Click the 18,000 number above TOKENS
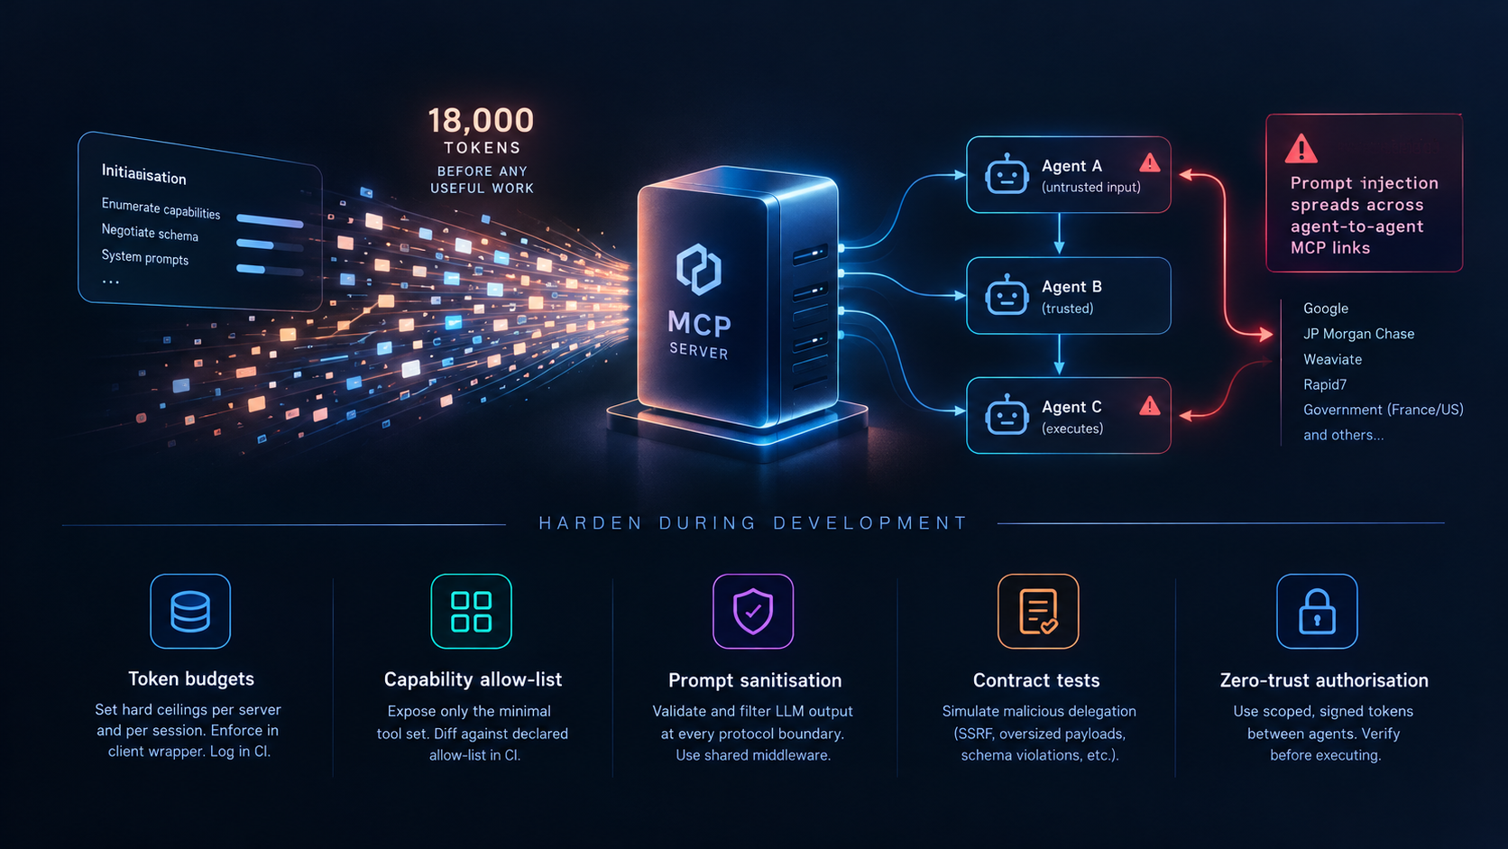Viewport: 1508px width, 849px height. pyautogui.click(x=481, y=121)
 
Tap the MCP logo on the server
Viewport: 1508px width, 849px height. pyautogui.click(x=699, y=269)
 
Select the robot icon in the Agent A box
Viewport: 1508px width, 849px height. pyautogui.click(x=1007, y=174)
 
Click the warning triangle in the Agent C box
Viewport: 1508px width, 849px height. pyautogui.click(x=1150, y=405)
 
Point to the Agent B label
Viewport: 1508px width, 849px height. pyautogui.click(x=1071, y=287)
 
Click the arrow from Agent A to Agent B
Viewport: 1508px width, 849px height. pyautogui.click(x=1059, y=234)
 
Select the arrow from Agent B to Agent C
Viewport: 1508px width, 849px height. pyautogui.click(x=1059, y=355)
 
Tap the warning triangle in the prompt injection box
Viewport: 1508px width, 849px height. pyautogui.click(x=1301, y=149)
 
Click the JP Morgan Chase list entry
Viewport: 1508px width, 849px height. pyautogui.click(x=1358, y=334)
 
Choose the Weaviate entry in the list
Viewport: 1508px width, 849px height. pyautogui.click(x=1332, y=359)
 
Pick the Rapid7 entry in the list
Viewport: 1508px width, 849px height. pyautogui.click(x=1325, y=384)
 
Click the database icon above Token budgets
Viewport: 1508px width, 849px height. pyautogui.click(x=190, y=612)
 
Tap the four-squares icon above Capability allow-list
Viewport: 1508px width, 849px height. pyautogui.click(x=471, y=612)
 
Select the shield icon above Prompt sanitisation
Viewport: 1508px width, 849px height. pyautogui.click(x=753, y=612)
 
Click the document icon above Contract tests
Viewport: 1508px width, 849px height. pyautogui.click(x=1037, y=612)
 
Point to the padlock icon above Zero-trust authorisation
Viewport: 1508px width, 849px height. pyautogui.click(x=1317, y=612)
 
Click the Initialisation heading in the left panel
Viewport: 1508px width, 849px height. pyautogui.click(x=144, y=174)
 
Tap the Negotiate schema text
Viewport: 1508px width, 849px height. pyautogui.click(x=150, y=233)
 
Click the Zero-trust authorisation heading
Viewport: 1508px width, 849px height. pyautogui.click(x=1324, y=680)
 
